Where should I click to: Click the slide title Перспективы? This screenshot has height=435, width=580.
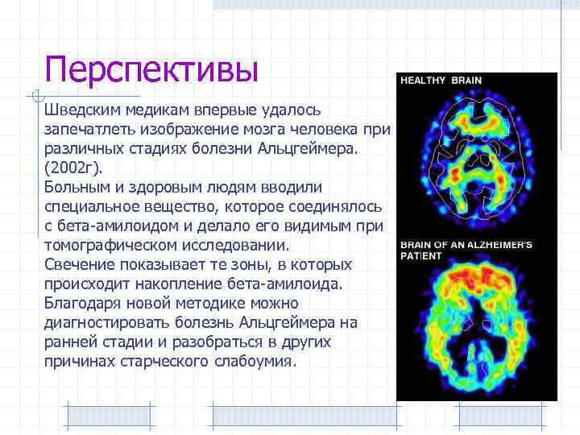tap(151, 68)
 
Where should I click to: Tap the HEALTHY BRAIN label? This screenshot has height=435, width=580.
tap(442, 81)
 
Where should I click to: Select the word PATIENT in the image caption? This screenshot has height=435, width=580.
tap(422, 256)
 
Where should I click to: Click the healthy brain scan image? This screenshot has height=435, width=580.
tap(475, 161)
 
